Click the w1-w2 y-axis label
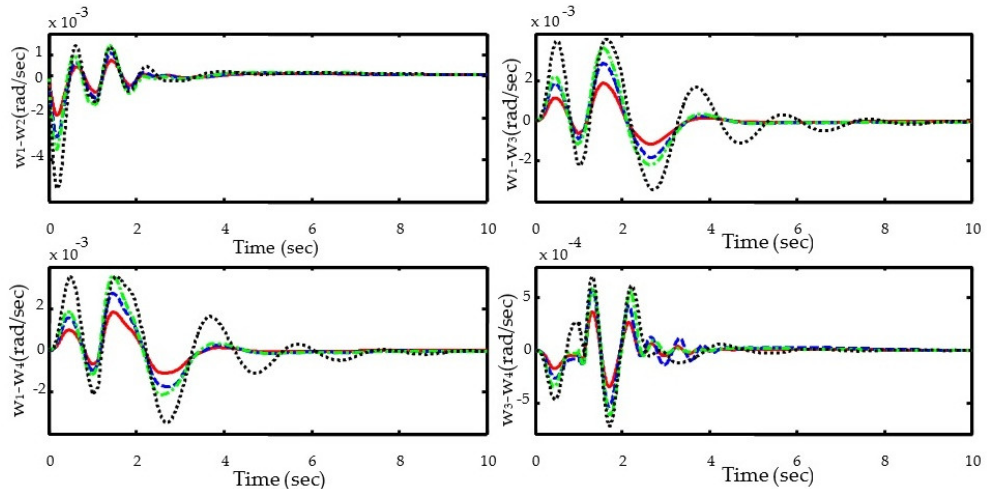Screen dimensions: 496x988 pyautogui.click(x=21, y=107)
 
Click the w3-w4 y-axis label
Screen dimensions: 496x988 pyautogui.click(x=508, y=359)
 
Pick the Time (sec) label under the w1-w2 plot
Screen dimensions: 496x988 pyautogui.click(x=275, y=248)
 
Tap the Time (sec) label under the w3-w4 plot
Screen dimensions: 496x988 pyautogui.click(x=768, y=475)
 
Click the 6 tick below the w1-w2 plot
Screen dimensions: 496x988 pyautogui.click(x=312, y=229)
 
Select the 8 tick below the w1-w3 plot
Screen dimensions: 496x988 pyautogui.click(x=885, y=229)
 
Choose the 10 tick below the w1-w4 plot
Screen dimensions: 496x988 pyautogui.click(x=488, y=461)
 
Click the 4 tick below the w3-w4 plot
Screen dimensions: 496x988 pyautogui.click(x=711, y=461)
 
